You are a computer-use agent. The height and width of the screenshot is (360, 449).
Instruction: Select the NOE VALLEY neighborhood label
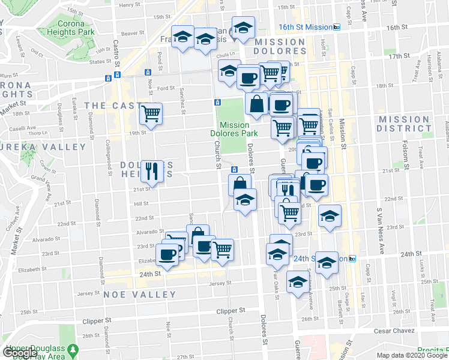[140, 295]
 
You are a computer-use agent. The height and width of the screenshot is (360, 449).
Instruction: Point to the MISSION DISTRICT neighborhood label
[404, 124]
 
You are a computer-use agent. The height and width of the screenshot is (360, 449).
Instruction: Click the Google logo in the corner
[19, 353]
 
